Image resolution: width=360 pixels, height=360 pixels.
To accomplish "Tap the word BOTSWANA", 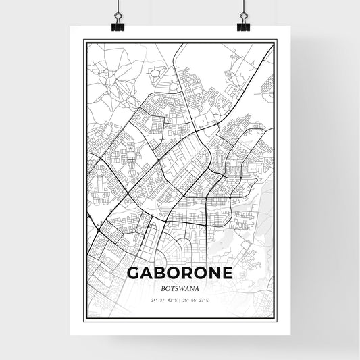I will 180,286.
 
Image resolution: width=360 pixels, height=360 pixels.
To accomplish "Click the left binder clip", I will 118,21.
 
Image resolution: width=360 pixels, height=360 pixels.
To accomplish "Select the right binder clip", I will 243,21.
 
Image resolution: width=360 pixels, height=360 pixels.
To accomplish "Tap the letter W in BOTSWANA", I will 180,286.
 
